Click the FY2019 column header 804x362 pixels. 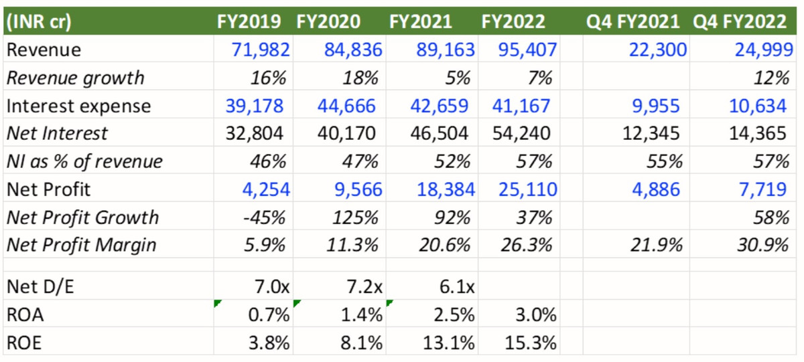[253, 21]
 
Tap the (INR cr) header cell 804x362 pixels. [40, 21]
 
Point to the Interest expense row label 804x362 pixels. [78, 106]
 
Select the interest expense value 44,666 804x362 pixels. [345, 106]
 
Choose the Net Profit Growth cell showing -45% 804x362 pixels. [268, 217]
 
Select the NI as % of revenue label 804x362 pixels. [84, 161]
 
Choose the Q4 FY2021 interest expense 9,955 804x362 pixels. [655, 106]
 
